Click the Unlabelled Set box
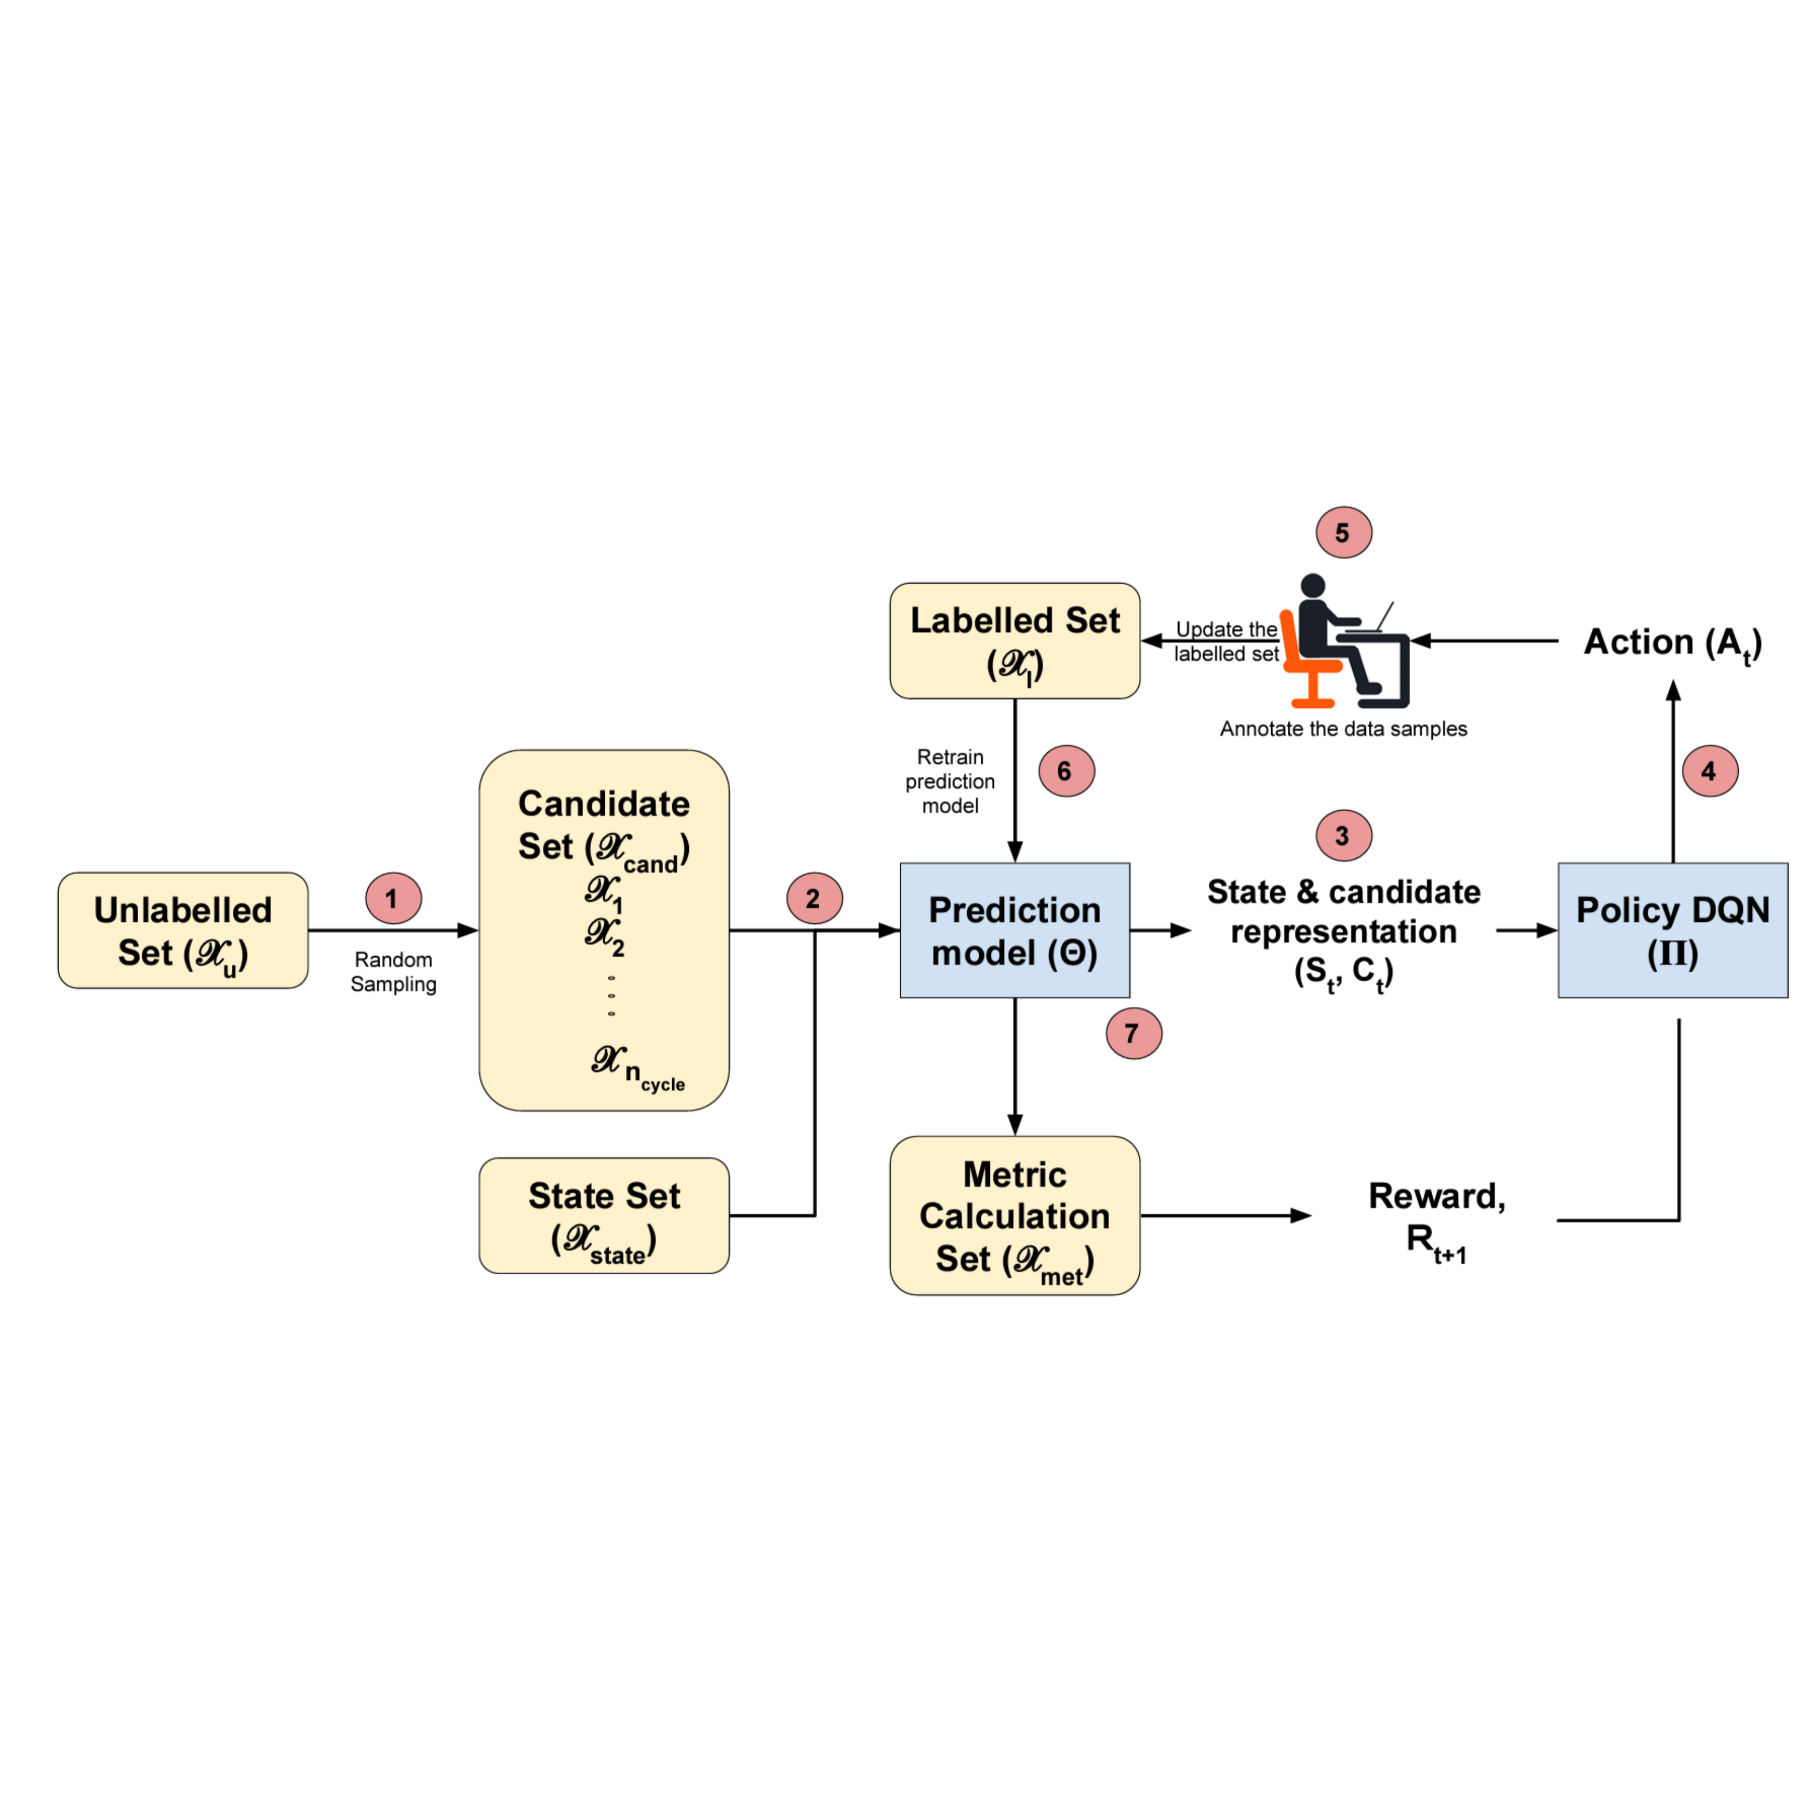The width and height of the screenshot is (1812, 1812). click(183, 931)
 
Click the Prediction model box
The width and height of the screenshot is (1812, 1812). click(1015, 931)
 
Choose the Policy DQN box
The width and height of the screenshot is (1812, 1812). click(1672, 931)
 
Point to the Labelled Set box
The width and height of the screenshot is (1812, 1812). click(1015, 641)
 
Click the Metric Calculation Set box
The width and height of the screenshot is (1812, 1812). click(1015, 1216)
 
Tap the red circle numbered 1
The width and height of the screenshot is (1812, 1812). click(393, 899)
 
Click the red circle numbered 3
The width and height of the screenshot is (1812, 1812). click(1343, 836)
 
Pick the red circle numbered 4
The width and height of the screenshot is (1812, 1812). click(1710, 771)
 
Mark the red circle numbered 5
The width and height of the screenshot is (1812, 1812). click(1343, 533)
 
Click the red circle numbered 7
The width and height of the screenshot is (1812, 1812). click(1133, 1034)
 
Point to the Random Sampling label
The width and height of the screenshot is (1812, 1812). click(393, 972)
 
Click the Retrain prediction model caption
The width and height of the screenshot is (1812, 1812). click(950, 782)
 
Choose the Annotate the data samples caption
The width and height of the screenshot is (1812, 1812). click(1343, 729)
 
